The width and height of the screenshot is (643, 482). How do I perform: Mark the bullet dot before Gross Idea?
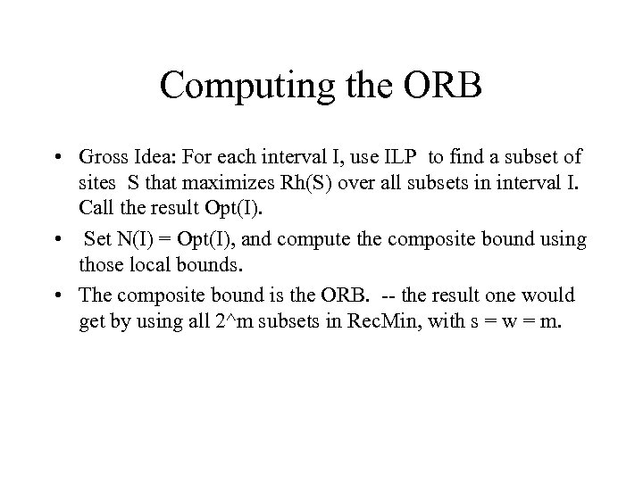tap(57, 159)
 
